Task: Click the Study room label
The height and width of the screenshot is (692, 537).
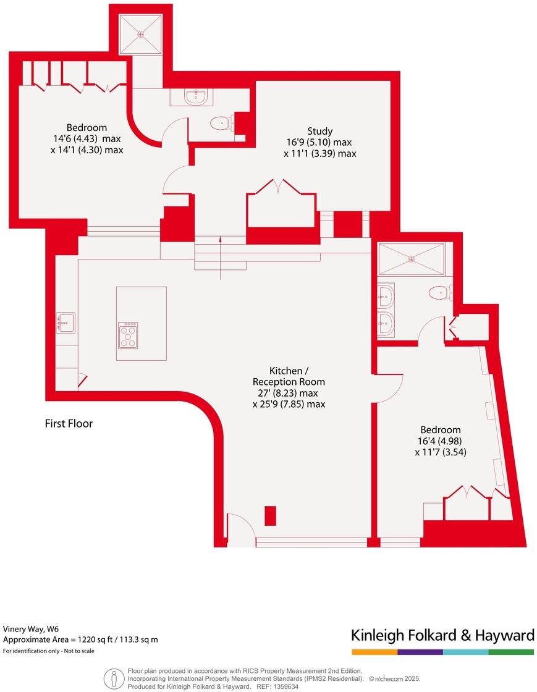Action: [x=320, y=131]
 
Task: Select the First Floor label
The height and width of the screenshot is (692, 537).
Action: [x=69, y=424]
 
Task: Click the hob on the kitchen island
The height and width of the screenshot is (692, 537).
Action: [x=128, y=335]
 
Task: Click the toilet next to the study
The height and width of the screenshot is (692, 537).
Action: [x=221, y=124]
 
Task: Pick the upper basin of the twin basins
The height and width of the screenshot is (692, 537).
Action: [x=386, y=295]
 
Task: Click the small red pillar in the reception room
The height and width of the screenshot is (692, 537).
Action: [x=270, y=515]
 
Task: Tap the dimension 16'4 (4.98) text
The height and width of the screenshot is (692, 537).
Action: [x=441, y=441]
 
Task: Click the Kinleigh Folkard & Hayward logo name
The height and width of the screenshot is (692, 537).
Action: [x=442, y=635]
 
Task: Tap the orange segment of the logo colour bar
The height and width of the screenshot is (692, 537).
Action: [x=374, y=652]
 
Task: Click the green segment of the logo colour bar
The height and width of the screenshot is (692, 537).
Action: [x=511, y=652]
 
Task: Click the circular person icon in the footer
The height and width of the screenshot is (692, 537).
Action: [x=112, y=678]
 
